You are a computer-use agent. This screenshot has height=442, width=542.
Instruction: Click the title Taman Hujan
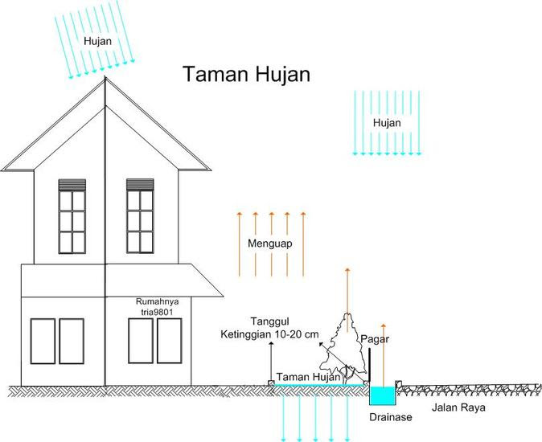tap(246, 75)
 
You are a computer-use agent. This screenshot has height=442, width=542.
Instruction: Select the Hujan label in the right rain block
tap(387, 122)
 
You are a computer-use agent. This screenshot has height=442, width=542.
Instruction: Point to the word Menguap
tap(270, 243)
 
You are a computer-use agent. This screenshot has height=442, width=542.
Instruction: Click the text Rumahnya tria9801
tap(161, 307)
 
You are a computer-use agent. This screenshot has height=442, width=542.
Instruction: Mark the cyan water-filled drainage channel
tap(382, 395)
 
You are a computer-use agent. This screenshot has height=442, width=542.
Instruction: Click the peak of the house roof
tap(105, 78)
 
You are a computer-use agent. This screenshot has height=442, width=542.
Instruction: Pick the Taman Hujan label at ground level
tap(305, 377)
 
